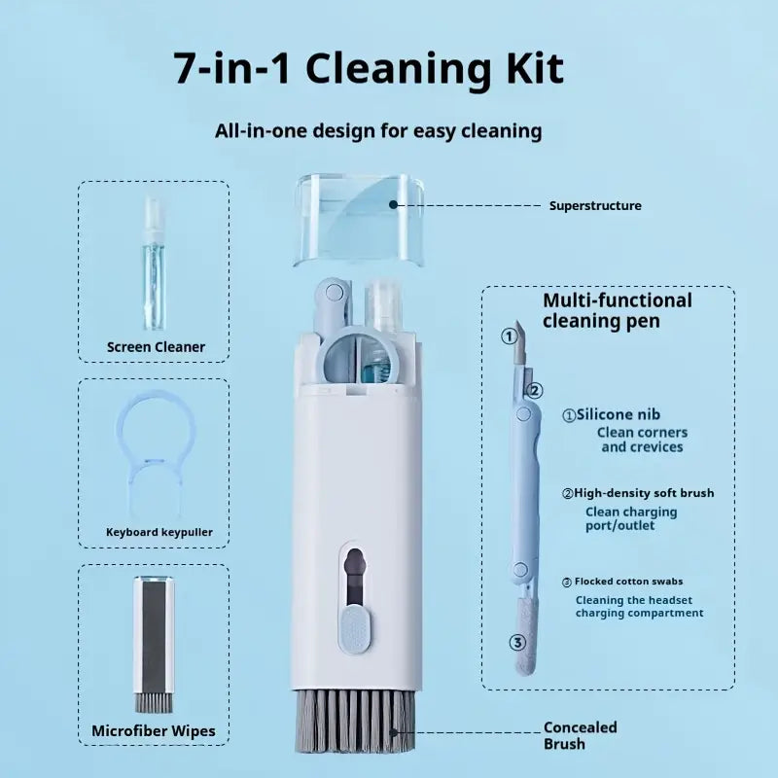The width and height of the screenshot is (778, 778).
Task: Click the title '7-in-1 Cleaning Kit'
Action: coord(369,69)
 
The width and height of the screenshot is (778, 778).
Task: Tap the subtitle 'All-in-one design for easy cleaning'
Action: coord(378,130)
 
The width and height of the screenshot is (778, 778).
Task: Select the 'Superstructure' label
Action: coord(594,206)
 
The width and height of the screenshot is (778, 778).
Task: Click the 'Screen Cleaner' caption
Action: coord(156,346)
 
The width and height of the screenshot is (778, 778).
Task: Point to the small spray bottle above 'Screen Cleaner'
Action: coord(154,263)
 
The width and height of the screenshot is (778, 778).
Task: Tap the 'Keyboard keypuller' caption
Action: coord(159,532)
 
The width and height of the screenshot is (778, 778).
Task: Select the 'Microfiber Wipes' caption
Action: coord(154,730)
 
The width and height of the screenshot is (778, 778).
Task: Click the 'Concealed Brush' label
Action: coord(580,735)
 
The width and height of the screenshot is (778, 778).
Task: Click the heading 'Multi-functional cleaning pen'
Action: coord(617,310)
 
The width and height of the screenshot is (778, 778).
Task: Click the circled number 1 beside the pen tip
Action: coord(508,336)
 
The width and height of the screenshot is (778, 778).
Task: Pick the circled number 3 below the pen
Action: coord(517,642)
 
